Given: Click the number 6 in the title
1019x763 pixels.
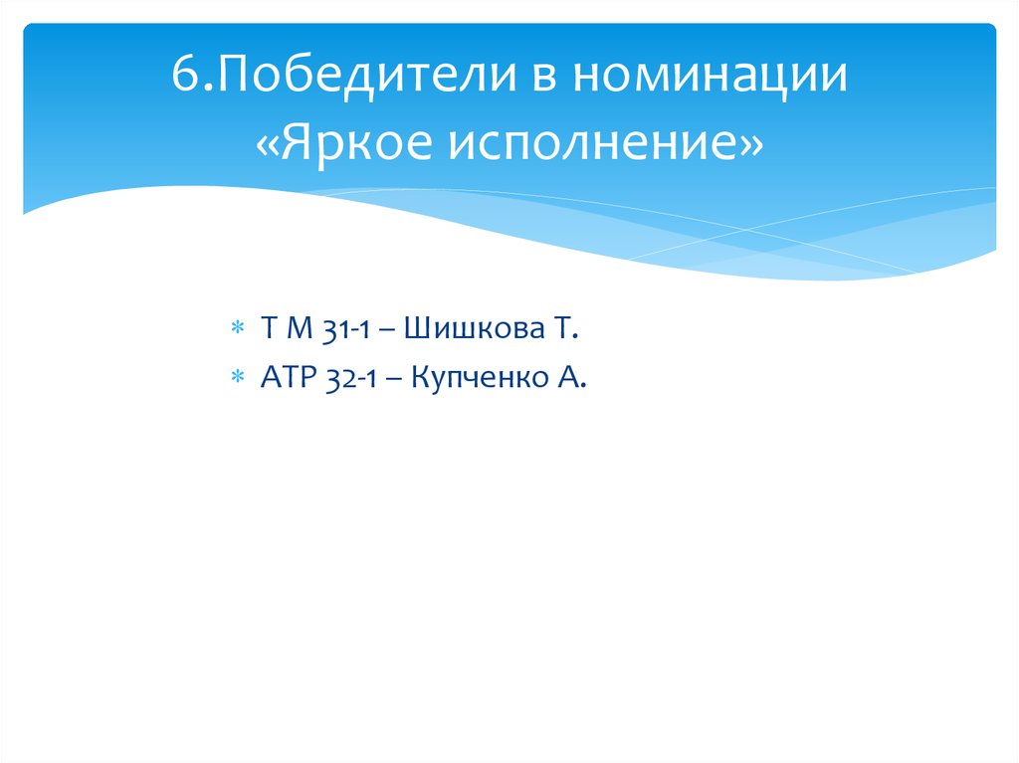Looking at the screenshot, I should pos(183,78).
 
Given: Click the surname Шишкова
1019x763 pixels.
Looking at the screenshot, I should pos(472,327).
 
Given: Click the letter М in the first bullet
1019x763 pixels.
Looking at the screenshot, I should pos(301,327).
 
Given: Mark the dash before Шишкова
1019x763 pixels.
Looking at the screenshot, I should pos(390,328).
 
